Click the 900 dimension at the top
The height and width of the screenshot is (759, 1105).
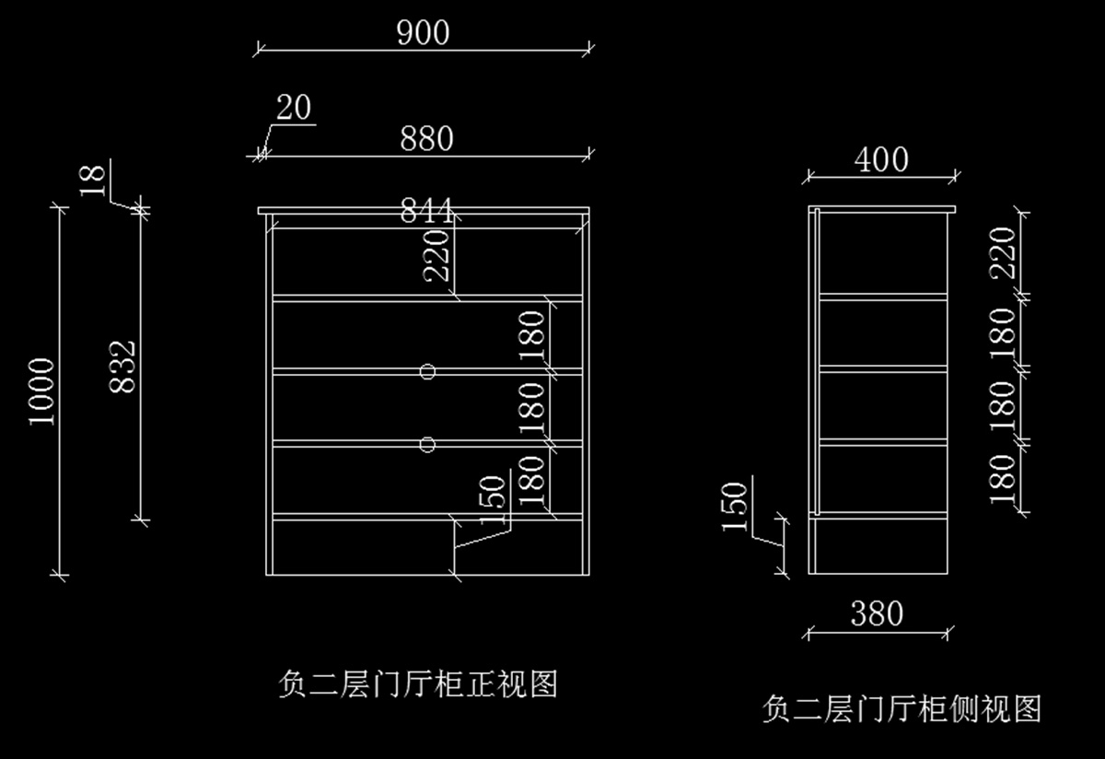[424, 33]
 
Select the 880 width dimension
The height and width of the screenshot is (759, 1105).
[426, 139]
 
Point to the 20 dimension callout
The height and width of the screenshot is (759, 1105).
[294, 109]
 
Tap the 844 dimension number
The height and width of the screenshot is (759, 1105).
[426, 212]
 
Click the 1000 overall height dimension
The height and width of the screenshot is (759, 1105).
[42, 391]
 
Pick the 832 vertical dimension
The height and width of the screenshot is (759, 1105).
[122, 366]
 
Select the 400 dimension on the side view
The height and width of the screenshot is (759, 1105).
[881, 160]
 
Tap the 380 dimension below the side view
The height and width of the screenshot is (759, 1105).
[877, 613]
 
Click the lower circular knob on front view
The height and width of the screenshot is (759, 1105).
[426, 445]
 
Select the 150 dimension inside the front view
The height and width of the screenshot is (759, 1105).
[494, 500]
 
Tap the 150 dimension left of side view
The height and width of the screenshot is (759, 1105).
[735, 507]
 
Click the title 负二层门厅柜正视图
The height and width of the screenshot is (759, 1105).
[417, 684]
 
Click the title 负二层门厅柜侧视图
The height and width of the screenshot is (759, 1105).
[901, 709]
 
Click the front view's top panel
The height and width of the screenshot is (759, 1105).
[424, 212]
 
